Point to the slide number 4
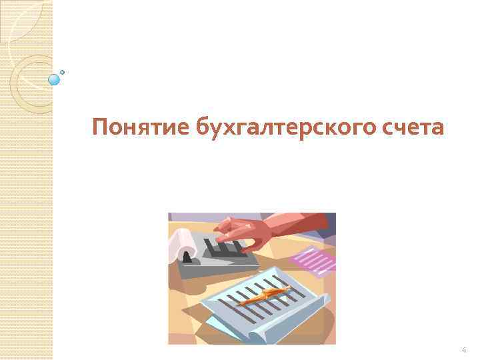[x=464, y=350]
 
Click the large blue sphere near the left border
[x=55, y=80]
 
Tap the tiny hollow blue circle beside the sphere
[x=63, y=71]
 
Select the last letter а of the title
[x=436, y=127]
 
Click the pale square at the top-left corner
[x=20, y=20]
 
